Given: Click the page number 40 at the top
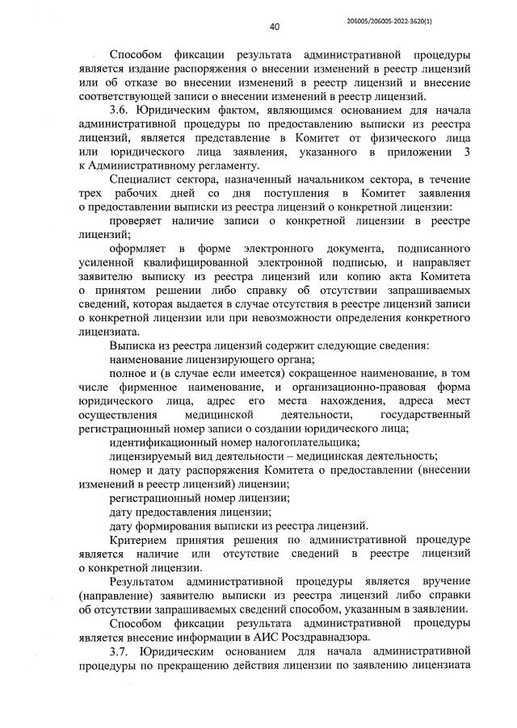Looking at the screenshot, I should [x=274, y=26].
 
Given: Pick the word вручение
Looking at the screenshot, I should [x=446, y=582].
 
